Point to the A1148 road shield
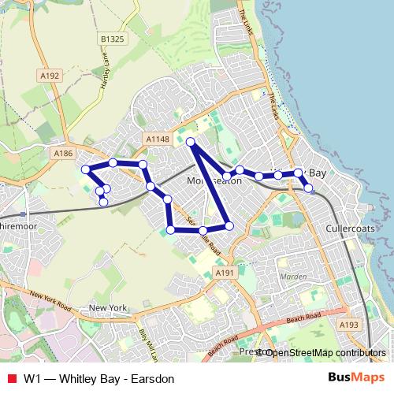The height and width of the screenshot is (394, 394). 158,139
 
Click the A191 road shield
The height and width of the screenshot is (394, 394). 226,272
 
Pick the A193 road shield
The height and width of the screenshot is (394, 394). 348,324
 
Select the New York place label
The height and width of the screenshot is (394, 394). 108,308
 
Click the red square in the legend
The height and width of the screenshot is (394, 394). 9,379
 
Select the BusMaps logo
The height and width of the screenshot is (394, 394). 362,378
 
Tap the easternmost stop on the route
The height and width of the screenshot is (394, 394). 309,188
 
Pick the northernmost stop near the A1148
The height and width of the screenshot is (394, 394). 190,142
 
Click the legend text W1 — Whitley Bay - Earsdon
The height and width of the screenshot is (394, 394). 98,379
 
